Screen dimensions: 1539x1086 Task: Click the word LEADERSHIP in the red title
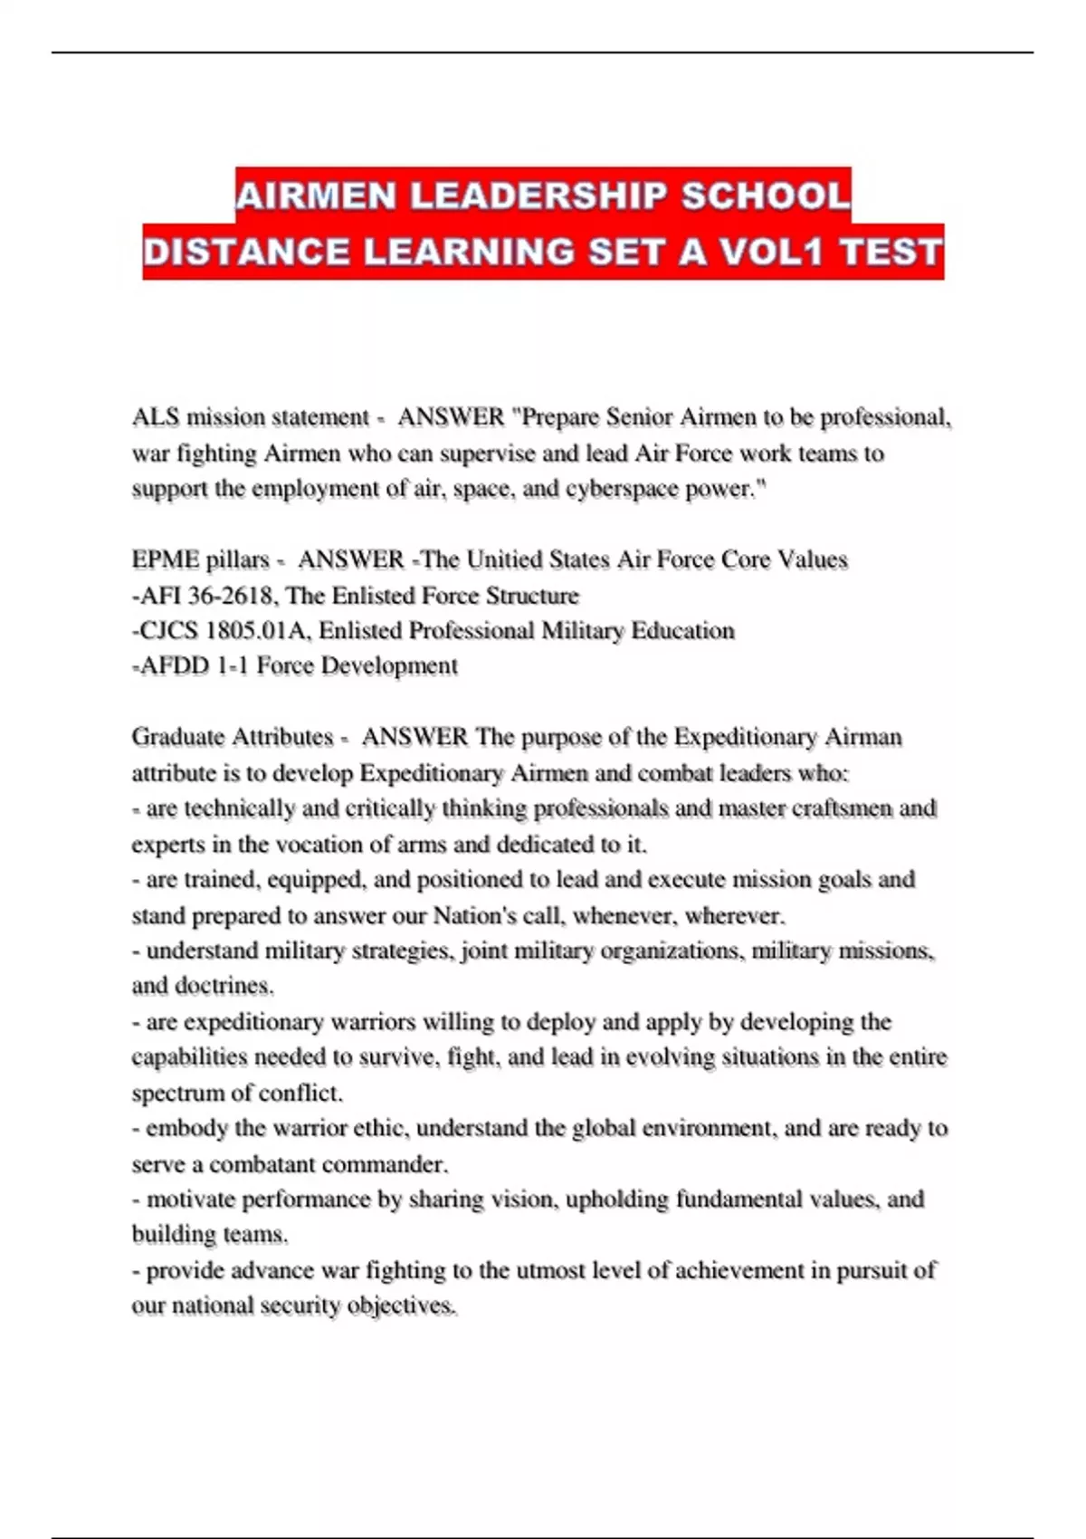[x=538, y=196]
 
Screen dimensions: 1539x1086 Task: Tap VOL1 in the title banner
[x=771, y=252]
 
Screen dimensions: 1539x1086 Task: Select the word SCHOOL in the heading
[x=766, y=196]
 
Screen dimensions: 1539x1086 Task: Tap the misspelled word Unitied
[x=504, y=560]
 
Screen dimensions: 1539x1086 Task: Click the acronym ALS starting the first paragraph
[x=155, y=417]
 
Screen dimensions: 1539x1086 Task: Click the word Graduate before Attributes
[x=178, y=737]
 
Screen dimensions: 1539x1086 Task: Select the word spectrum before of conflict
[x=176, y=1094]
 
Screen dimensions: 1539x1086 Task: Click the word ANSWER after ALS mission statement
[x=451, y=417]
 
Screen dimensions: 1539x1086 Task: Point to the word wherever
[x=734, y=915]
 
